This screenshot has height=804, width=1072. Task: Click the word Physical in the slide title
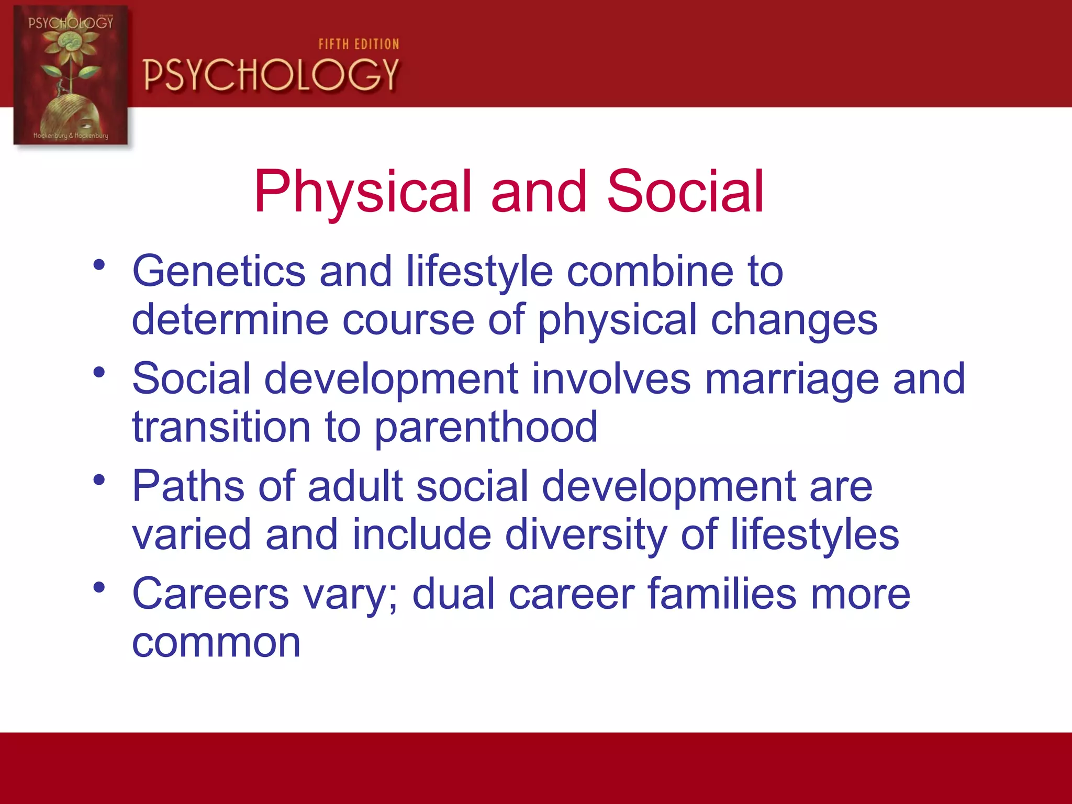tap(363, 192)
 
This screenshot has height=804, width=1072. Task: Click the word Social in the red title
tap(685, 192)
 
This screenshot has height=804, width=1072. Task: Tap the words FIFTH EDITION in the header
tap(359, 44)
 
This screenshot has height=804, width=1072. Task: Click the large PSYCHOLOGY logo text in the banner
tap(271, 75)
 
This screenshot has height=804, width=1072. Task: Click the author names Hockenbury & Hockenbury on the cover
tap(71, 136)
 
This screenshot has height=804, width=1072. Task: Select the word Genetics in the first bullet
tap(218, 272)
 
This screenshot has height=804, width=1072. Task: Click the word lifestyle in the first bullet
tap(479, 272)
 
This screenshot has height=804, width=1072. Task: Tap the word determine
tap(230, 320)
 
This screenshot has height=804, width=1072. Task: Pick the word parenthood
tap(486, 428)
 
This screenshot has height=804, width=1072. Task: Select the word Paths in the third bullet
tap(188, 487)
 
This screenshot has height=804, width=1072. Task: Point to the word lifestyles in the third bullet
tap(814, 535)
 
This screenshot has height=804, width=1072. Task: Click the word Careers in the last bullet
tap(210, 595)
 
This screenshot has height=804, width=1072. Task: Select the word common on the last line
tap(216, 643)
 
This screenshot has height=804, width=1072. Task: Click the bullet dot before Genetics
tap(99, 265)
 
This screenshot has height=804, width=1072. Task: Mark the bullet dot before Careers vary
tap(99, 587)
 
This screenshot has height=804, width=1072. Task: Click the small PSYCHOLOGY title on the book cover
tap(71, 23)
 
